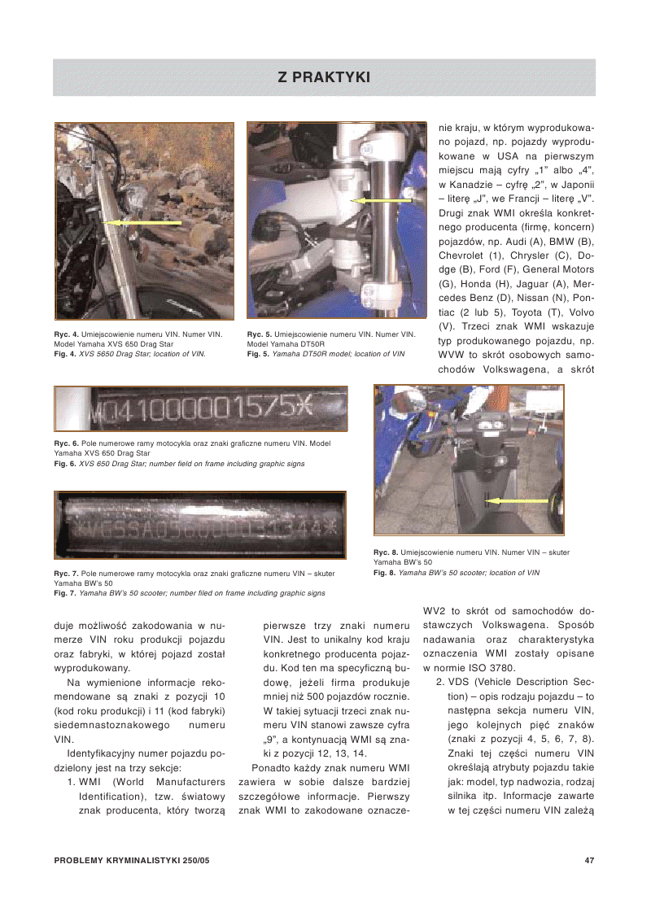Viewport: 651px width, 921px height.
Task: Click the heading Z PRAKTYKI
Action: pos(324,77)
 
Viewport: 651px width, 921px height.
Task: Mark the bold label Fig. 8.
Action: pos(385,573)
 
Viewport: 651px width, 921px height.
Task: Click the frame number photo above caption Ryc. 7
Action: pos(200,525)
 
